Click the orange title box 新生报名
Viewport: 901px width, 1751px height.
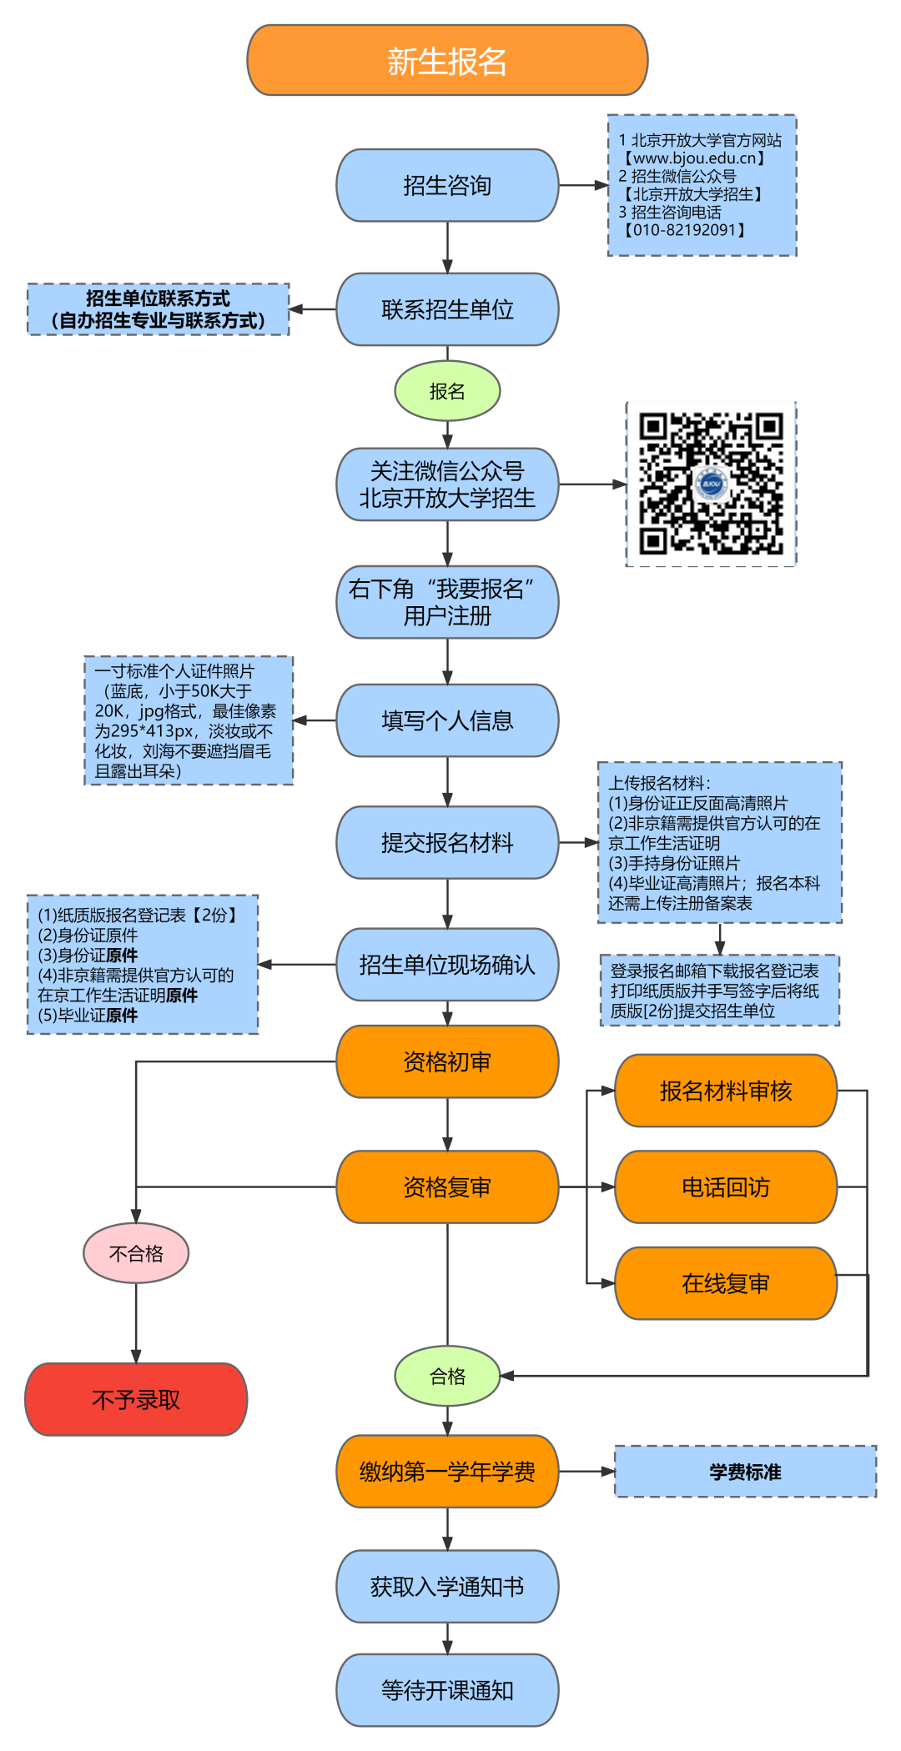(447, 61)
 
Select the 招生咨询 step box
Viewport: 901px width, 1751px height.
(447, 185)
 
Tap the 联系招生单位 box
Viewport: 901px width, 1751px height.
(447, 309)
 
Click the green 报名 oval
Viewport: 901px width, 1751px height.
(447, 391)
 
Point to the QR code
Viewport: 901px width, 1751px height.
(711, 484)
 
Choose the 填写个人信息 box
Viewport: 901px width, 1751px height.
(447, 720)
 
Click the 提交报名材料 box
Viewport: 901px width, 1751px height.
(447, 842)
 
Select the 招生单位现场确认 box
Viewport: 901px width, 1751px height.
(447, 965)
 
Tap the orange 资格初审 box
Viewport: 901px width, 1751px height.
(447, 1061)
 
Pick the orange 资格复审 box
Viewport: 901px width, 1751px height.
(447, 1187)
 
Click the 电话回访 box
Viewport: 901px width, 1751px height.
(725, 1187)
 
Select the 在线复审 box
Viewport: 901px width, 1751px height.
(725, 1283)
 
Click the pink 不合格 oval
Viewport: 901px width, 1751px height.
(136, 1253)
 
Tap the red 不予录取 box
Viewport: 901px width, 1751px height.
(136, 1399)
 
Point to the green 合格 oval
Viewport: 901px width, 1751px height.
(447, 1376)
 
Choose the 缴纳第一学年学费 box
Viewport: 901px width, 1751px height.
(447, 1472)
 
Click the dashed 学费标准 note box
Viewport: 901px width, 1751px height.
(745, 1472)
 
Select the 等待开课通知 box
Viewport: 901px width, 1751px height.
(447, 1690)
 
